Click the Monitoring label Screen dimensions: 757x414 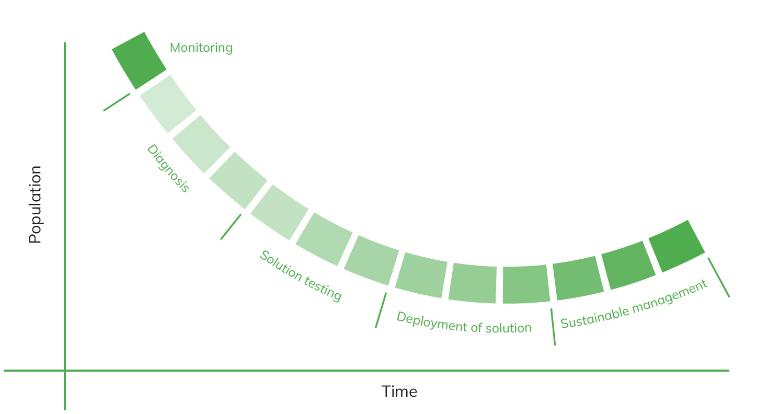pos(201,48)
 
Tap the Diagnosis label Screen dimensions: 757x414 pos(168,168)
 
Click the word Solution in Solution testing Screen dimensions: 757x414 pos(281,266)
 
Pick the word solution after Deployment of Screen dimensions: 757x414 pos(509,328)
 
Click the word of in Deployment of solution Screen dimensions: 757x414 pos(476,327)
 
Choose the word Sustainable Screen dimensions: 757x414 pos(595,317)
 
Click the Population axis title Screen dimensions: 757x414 pos(35,204)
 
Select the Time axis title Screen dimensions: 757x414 pos(399,392)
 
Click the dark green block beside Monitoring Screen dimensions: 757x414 pos(139,61)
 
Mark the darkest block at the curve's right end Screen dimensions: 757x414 pos(677,246)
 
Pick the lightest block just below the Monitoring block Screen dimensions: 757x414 pos(168,103)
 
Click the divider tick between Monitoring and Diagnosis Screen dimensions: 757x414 pos(117,102)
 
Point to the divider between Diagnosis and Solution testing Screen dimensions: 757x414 pos(231,227)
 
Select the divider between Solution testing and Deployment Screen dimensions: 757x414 pos(381,310)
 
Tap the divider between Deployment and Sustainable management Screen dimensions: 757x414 pos(553,327)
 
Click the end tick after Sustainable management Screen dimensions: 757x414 pos(719,278)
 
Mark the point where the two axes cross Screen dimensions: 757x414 pos(65,371)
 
